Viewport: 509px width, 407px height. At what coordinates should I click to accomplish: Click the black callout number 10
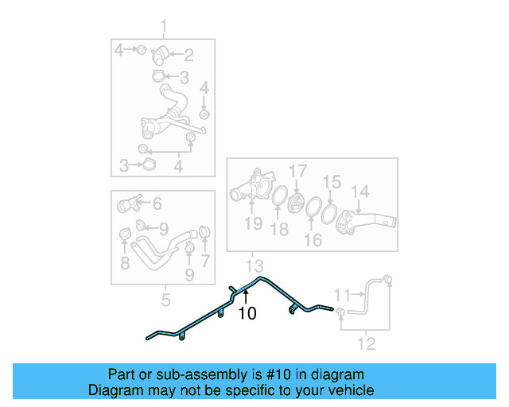(247, 313)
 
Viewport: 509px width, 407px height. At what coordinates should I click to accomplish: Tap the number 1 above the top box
(163, 26)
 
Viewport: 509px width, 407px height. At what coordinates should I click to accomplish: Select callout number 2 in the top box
(188, 55)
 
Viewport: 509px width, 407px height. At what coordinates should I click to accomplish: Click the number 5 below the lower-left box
(165, 300)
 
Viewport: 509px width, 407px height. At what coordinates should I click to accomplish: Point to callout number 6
(157, 203)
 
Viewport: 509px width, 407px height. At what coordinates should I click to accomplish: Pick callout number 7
(205, 261)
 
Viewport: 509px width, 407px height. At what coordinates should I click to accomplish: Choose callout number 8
(125, 263)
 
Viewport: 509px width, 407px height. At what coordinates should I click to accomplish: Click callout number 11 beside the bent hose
(342, 295)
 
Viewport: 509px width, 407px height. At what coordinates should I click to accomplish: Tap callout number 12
(367, 343)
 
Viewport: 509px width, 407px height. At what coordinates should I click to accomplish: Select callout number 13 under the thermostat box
(254, 266)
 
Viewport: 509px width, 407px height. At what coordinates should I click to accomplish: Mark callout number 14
(360, 192)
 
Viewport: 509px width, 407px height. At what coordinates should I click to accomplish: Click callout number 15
(332, 182)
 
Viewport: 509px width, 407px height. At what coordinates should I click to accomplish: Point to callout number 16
(313, 240)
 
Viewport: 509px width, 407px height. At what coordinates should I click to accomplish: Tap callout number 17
(298, 171)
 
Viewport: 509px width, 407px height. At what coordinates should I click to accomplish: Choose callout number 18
(279, 229)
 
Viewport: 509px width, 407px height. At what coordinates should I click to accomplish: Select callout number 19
(254, 223)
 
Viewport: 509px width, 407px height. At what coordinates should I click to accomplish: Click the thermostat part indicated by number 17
(295, 204)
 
